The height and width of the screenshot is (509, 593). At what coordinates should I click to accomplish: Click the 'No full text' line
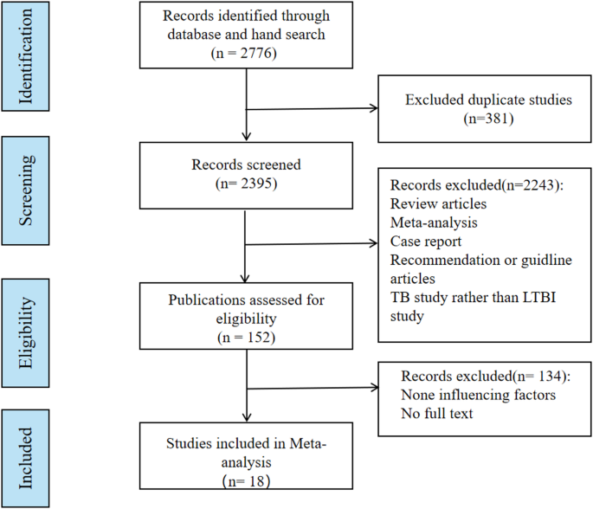point(437,415)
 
